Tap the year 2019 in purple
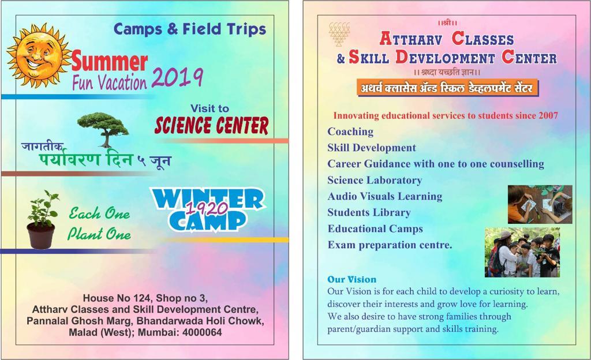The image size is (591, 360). [x=178, y=78]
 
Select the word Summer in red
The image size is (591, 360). [x=109, y=61]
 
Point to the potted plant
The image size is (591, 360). [x=42, y=220]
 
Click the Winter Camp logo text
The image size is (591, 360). [x=208, y=209]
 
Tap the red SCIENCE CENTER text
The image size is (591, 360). [x=211, y=125]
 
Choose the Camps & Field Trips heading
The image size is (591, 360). [x=190, y=29]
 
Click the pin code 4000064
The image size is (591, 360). [x=203, y=332]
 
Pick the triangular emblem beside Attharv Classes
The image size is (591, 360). [x=339, y=34]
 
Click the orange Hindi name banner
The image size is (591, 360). [x=447, y=88]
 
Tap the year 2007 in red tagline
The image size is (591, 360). [x=548, y=115]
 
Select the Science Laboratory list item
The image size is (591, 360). [x=375, y=181]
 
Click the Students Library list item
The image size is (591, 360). [x=369, y=213]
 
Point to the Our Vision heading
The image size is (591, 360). [x=351, y=279]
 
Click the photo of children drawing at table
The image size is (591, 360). [x=540, y=204]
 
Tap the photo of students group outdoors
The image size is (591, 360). [x=522, y=252]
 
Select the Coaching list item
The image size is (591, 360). [x=350, y=132]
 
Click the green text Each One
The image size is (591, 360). [x=99, y=213]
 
